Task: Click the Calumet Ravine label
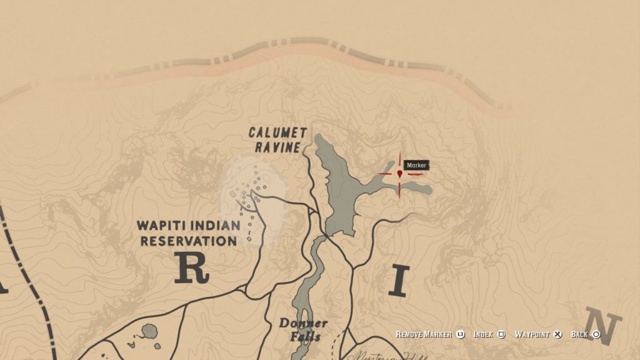tap(277, 140)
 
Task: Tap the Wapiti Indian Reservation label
tap(189, 232)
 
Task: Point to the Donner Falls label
tap(303, 330)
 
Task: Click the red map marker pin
tap(399, 173)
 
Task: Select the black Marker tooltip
tap(416, 166)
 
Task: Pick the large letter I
tap(399, 281)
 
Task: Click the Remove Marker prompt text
tap(423, 334)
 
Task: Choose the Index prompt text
tap(483, 334)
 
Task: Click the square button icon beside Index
tap(501, 334)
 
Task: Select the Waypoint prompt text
tap(532, 334)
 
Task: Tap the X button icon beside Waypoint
tap(559, 334)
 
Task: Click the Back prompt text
tap(579, 334)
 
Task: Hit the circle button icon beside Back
tap(596, 334)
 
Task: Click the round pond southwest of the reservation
tap(150, 331)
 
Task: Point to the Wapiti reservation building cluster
tap(254, 200)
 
